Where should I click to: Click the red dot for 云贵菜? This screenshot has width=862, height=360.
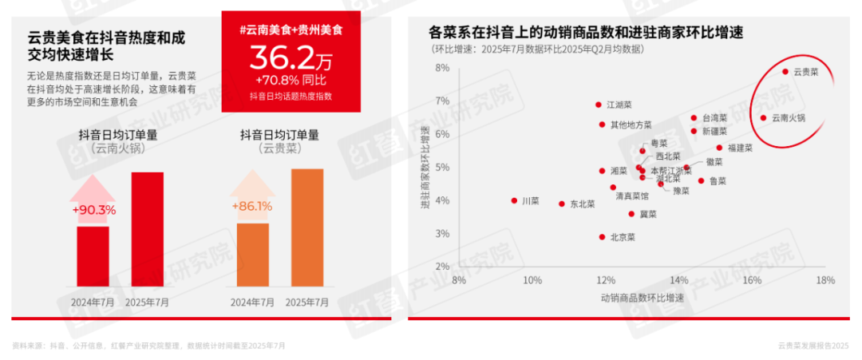coord(785,72)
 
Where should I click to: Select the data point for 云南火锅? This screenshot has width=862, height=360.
coord(763,118)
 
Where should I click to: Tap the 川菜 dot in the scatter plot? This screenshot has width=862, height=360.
coord(514,201)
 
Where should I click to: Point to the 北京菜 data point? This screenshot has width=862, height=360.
coord(602,237)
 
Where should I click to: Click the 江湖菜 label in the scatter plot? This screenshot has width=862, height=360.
coord(619,105)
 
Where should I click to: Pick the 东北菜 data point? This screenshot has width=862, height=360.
coord(562,204)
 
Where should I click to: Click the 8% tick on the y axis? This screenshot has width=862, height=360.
coord(441,68)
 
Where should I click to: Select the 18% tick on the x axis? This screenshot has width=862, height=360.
coord(824,280)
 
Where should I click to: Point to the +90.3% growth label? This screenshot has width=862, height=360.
coord(93,211)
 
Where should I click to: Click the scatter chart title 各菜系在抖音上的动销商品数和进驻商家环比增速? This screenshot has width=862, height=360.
coord(586,33)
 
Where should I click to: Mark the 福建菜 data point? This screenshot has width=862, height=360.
coord(719,148)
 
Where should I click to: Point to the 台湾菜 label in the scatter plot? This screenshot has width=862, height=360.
coord(714,118)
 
